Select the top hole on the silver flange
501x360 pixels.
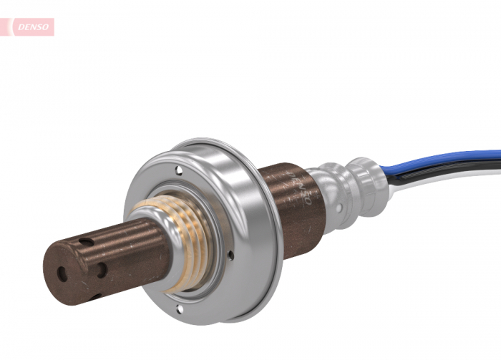click(179, 170)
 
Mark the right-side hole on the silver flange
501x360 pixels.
click(230, 254)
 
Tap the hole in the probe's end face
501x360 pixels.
click(62, 273)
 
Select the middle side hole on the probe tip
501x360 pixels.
click(102, 270)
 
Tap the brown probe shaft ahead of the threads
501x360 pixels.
click(129, 250)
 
